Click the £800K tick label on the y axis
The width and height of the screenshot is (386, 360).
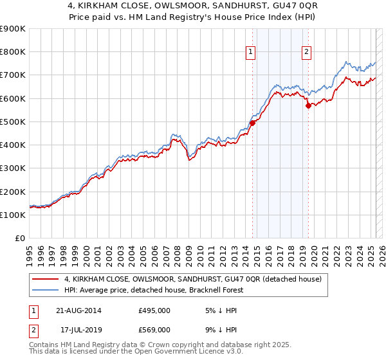[13, 52]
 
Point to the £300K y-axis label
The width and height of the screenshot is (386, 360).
[13, 168]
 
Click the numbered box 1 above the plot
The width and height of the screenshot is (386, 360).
[250, 53]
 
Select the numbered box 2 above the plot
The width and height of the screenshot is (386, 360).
[306, 53]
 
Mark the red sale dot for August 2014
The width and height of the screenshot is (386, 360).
[252, 123]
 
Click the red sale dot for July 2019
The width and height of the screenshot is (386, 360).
[308, 106]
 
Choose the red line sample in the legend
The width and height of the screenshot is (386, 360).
[46, 279]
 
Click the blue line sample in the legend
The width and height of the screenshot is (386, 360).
[46, 290]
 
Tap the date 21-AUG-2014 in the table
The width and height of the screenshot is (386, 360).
[82, 310]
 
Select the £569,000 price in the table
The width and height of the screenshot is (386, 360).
[154, 329]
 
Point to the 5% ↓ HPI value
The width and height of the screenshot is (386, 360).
[215, 310]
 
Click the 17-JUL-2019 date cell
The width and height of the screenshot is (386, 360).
[82, 329]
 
